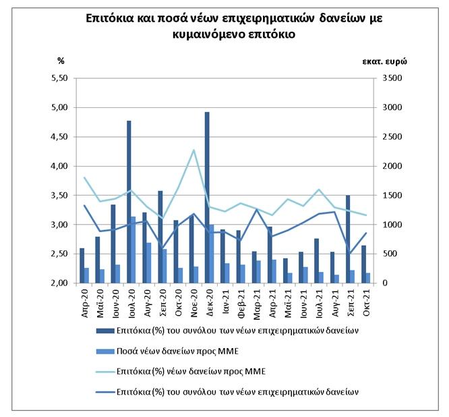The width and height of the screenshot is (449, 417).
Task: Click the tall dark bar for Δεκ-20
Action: click(207, 198)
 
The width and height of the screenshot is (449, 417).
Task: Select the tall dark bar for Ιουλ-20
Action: click(129, 202)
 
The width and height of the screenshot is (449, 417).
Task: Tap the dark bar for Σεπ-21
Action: click(348, 239)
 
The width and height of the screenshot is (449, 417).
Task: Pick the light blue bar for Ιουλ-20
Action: click(133, 250)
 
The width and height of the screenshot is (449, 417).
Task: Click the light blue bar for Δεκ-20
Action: click(212, 254)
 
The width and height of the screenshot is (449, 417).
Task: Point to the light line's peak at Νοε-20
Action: click(194, 150)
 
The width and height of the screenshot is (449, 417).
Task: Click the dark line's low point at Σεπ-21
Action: click(349, 253)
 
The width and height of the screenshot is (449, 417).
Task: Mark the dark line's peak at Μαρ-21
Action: click(257, 209)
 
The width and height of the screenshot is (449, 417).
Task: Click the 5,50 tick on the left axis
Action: click(59, 78)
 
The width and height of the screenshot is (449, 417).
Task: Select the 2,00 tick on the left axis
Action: click(59, 283)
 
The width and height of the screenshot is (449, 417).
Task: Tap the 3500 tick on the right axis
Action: click(392, 78)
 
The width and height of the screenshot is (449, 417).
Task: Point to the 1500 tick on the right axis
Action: click(392, 196)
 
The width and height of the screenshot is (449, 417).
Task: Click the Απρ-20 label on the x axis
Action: click(85, 303)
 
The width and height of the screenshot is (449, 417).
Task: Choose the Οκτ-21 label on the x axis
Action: click(367, 303)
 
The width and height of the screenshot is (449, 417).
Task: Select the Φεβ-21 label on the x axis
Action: click(241, 303)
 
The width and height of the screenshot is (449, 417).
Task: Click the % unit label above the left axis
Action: click(61, 61)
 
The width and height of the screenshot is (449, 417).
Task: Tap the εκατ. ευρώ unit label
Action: click(384, 61)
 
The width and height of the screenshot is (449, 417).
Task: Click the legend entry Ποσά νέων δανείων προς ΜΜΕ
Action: click(167, 352)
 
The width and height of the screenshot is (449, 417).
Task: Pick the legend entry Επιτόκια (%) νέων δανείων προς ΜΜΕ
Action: click(181, 372)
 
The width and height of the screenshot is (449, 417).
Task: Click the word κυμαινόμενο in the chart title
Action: click(207, 34)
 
